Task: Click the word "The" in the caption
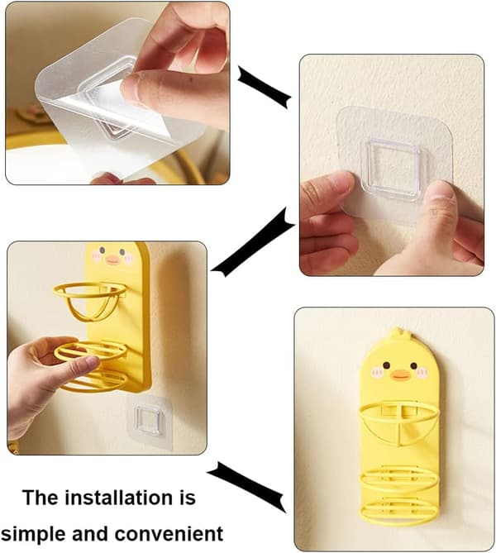coord(40,498)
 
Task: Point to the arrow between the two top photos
coord(265,87)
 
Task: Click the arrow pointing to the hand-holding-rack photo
coord(253,243)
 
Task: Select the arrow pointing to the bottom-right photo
coord(246,487)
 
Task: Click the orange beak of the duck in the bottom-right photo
coord(400,375)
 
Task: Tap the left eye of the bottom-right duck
coord(386,365)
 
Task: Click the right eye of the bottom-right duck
coord(413,365)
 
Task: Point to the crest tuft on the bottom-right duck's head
coord(398,331)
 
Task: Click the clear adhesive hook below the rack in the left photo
coord(150,422)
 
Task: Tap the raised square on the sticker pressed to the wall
coord(393,169)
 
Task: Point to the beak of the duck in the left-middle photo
coord(112,260)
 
